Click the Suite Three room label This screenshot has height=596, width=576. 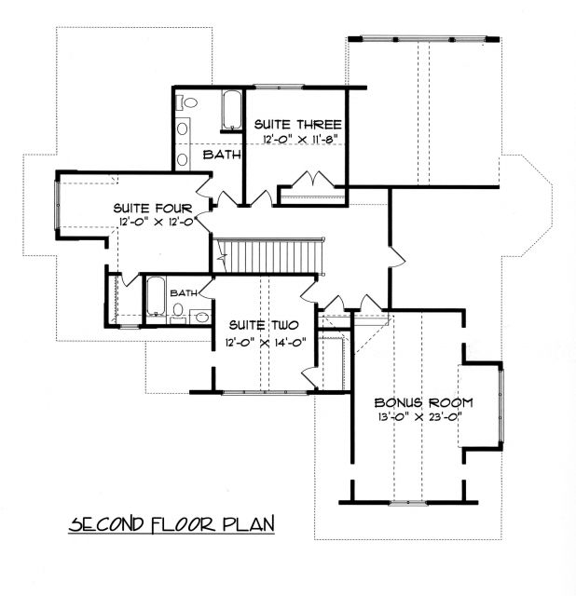point(298,125)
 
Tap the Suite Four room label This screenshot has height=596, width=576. point(153,209)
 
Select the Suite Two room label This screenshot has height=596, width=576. point(264,325)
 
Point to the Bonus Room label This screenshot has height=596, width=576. point(423,403)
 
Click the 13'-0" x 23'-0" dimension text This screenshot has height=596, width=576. point(420,417)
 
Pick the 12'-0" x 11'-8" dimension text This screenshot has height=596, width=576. point(300,139)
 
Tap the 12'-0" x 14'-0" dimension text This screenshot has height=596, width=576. point(266,343)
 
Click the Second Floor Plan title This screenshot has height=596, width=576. point(171,524)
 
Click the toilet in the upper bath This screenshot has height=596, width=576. point(186,102)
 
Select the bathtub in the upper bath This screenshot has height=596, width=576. point(232,110)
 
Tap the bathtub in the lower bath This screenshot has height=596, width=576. point(156,296)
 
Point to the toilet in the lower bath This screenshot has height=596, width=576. point(177,313)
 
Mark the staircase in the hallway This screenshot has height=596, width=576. point(267,255)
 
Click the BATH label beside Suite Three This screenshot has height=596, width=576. point(222,155)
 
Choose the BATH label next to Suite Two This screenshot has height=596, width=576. point(184,293)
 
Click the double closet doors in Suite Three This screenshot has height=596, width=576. point(313,179)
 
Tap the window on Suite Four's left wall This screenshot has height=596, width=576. point(58,205)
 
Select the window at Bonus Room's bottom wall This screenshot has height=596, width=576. point(408,503)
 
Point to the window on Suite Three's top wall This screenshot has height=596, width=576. point(279,88)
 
